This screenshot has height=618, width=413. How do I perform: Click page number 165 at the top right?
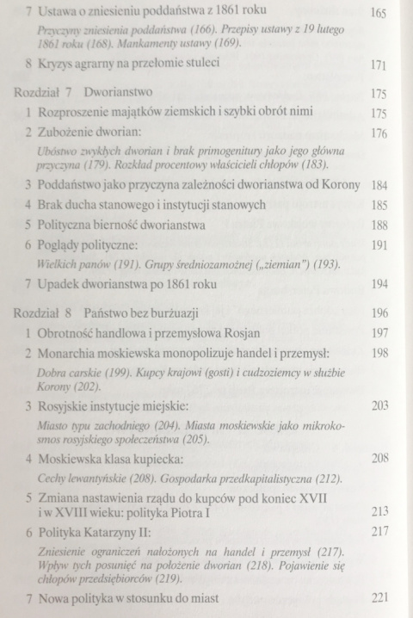(x=378, y=15)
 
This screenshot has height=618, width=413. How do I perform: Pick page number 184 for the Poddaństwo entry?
(x=378, y=185)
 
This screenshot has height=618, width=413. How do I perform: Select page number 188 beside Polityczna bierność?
(x=378, y=226)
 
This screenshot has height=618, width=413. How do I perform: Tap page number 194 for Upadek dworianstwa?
(x=378, y=285)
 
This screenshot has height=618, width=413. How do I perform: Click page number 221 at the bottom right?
(x=378, y=597)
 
